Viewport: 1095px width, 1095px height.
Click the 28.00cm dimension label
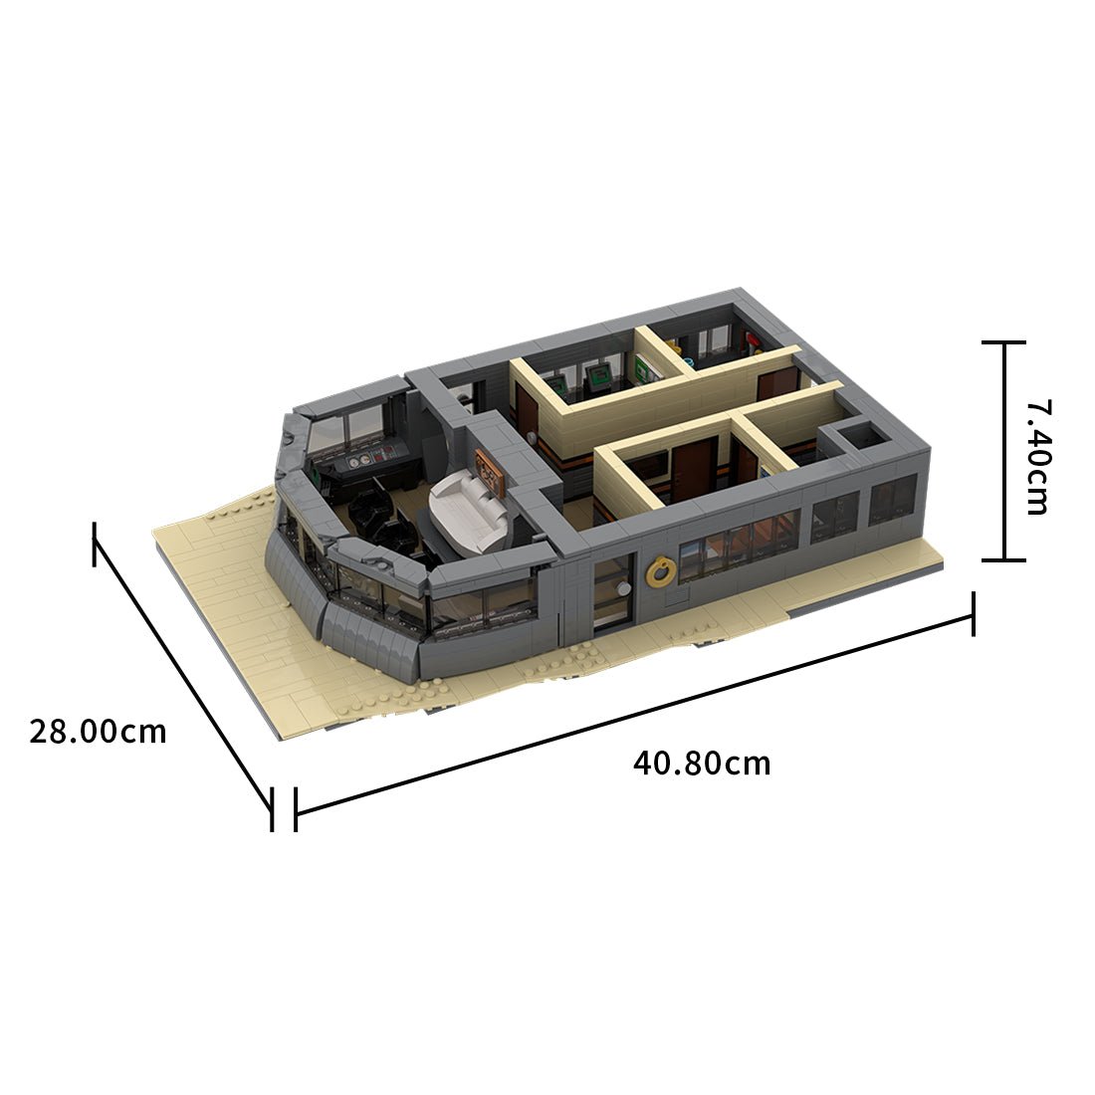(x=98, y=732)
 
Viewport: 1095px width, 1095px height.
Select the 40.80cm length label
(x=702, y=764)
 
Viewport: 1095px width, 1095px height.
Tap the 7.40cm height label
(x=1036, y=457)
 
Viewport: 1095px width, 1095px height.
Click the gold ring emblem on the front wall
(x=658, y=573)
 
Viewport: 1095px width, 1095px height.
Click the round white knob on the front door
(x=623, y=589)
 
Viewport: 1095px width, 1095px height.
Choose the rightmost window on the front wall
(x=892, y=500)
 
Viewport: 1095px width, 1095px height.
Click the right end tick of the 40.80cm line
(x=973, y=612)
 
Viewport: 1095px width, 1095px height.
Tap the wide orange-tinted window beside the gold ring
(x=738, y=544)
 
